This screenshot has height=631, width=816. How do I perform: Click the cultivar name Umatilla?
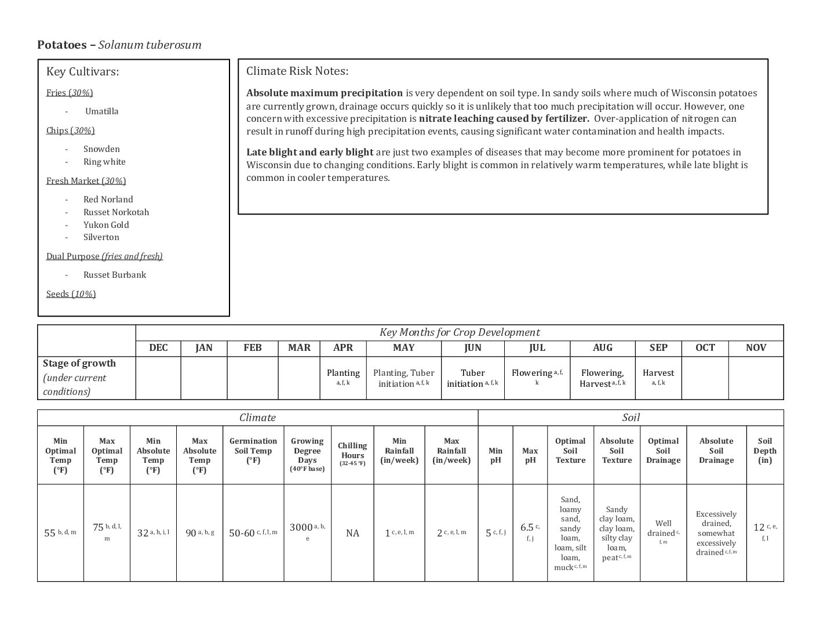pyautogui.click(x=101, y=111)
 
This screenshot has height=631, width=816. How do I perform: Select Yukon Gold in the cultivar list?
pyautogui.click(x=106, y=224)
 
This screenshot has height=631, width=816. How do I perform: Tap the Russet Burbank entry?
pyautogui.click(x=114, y=275)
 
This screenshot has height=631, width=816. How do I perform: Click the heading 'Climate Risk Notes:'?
pyautogui.click(x=297, y=71)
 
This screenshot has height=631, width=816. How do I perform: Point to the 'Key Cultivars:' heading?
pyautogui.click(x=82, y=72)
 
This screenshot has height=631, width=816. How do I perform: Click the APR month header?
pyautogui.click(x=343, y=348)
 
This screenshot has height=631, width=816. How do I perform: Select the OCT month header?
pyautogui.click(x=705, y=348)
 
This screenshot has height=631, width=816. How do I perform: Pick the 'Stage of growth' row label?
pyautogui.click(x=79, y=364)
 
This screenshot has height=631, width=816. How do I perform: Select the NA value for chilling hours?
pyautogui.click(x=352, y=533)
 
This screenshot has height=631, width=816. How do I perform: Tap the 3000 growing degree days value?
pyautogui.click(x=301, y=528)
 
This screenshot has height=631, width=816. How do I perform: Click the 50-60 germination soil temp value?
pyautogui.click(x=242, y=533)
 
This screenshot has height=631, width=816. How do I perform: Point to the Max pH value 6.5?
pyautogui.click(x=527, y=528)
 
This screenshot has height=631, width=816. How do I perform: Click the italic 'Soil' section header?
pyautogui.click(x=631, y=418)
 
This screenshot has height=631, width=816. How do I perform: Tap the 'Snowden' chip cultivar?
pyautogui.click(x=101, y=149)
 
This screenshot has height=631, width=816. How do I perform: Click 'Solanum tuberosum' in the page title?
pyautogui.click(x=150, y=45)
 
